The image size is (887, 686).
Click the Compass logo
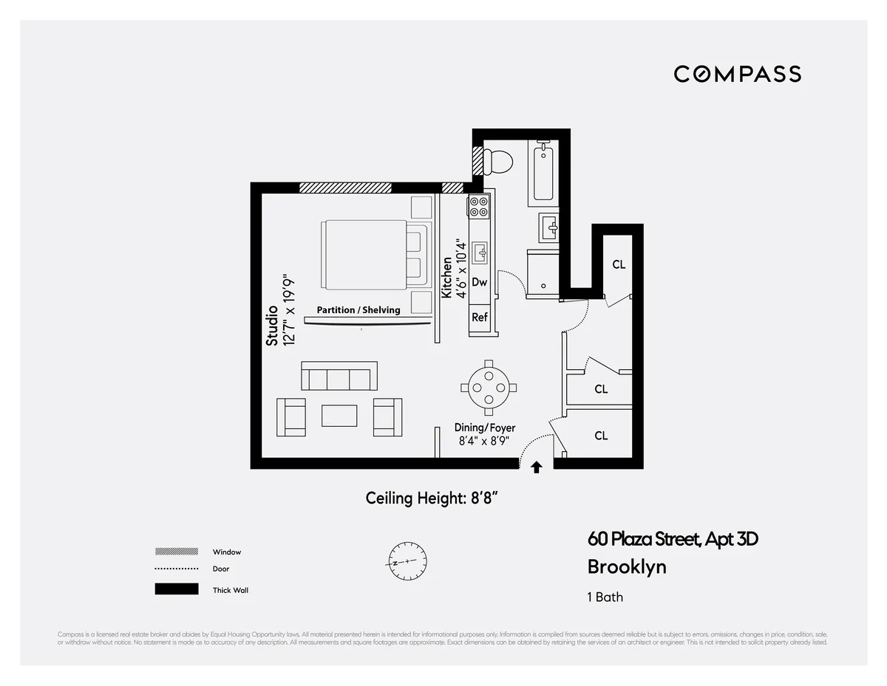pyautogui.click(x=737, y=74)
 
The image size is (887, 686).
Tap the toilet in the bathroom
pyautogui.click(x=500, y=161)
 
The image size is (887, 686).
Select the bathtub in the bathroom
pyautogui.click(x=543, y=174)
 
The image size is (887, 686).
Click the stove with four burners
pyautogui.click(x=478, y=206)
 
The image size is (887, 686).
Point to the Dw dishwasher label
pyautogui.click(x=479, y=282)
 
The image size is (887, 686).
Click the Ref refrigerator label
pyautogui.click(x=479, y=318)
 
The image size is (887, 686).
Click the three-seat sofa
pyautogui.click(x=339, y=377)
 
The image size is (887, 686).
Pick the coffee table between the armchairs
pyautogui.click(x=339, y=415)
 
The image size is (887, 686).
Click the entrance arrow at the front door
pyautogui.click(x=537, y=467)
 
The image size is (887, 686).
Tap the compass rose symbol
pyautogui.click(x=405, y=563)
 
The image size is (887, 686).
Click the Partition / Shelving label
pyautogui.click(x=358, y=310)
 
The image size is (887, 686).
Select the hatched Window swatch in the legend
pyautogui.click(x=177, y=552)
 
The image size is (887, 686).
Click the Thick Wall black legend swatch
pyautogui.click(x=177, y=589)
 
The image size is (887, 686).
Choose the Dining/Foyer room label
pyautogui.click(x=485, y=428)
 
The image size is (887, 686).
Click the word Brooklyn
pyautogui.click(x=627, y=567)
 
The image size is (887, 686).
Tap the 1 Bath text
pyautogui.click(x=605, y=597)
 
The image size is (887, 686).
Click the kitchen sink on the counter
pyautogui.click(x=480, y=253)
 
